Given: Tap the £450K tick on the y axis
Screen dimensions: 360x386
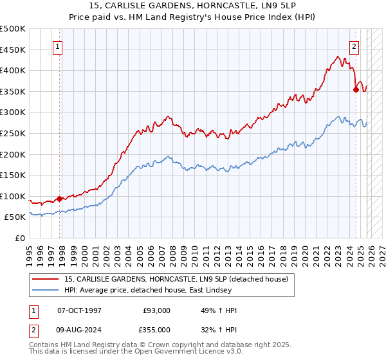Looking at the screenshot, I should [13, 50].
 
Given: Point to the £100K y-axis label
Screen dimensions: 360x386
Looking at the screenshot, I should [13, 196].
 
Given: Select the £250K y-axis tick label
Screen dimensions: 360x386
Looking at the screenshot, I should [13, 133].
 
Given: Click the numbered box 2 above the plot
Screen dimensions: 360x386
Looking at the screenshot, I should [354, 46].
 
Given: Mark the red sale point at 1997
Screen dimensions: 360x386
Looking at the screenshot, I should [60, 199].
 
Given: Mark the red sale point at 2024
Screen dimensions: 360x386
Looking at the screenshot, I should [356, 89].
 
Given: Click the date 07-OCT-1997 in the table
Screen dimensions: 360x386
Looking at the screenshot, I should [80, 310].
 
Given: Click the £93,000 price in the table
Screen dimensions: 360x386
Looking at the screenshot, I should [157, 310].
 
